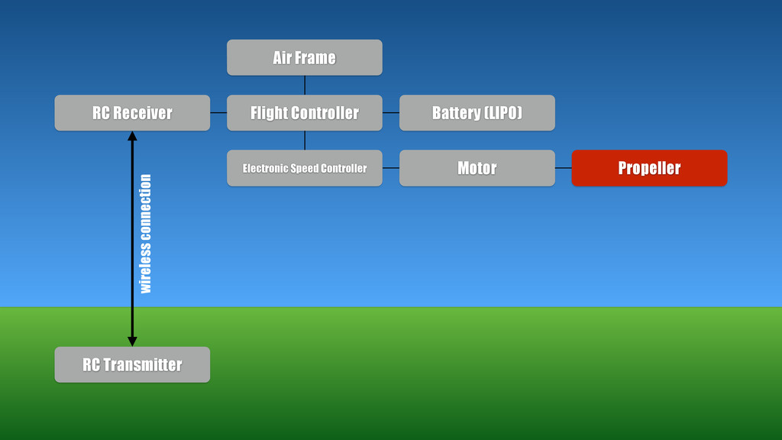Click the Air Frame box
click(x=304, y=57)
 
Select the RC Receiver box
click(x=132, y=113)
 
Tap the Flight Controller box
click(x=304, y=113)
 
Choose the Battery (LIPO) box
click(x=477, y=113)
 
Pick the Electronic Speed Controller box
click(x=304, y=168)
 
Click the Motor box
click(x=477, y=168)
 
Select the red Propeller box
click(x=649, y=168)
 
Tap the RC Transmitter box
click(x=132, y=364)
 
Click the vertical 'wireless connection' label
click(x=145, y=234)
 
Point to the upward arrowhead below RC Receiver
click(x=132, y=136)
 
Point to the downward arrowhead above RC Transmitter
click(x=132, y=341)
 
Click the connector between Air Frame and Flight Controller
click(x=305, y=85)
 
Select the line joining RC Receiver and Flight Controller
click(x=218, y=113)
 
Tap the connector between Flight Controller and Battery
click(x=390, y=113)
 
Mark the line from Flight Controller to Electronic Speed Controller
click(x=305, y=141)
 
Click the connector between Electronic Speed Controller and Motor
click(x=390, y=168)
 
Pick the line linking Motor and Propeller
click(x=563, y=168)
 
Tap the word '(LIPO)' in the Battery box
click(x=503, y=113)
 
